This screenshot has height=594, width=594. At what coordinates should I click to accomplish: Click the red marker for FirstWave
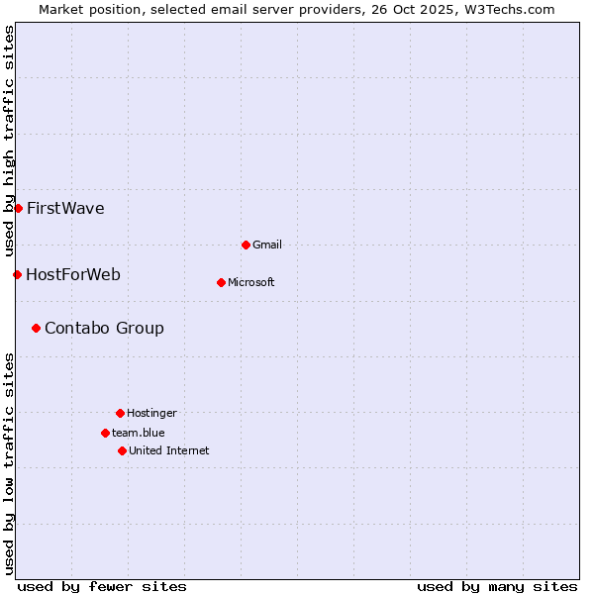pos(18,208)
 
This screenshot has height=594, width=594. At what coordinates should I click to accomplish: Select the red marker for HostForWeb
pos(17,274)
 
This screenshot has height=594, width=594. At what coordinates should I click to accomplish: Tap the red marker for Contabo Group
pos(36,328)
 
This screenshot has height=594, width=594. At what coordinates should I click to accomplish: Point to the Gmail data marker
pos(246,245)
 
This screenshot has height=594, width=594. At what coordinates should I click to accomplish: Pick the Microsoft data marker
pos(221,282)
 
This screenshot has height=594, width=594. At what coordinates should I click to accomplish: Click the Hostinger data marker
pos(120,413)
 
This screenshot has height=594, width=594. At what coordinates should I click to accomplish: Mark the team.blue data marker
pos(105,433)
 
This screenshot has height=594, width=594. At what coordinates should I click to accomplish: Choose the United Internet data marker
pos(122,450)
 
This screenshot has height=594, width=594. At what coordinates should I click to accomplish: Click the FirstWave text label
pos(65,208)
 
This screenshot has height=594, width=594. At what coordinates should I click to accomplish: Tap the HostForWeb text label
pos(73,274)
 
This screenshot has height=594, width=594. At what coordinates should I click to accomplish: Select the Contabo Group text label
pos(104,328)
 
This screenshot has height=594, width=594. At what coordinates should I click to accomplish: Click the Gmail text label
pos(267,245)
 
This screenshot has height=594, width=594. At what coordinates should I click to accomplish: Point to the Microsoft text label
pos(251,282)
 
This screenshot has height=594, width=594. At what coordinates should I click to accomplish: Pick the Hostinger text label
pos(151,413)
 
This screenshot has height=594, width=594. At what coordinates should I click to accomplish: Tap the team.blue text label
pos(139,433)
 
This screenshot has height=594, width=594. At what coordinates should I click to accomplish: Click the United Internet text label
pos(169,450)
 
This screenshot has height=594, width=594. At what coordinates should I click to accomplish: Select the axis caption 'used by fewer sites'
pos(102,586)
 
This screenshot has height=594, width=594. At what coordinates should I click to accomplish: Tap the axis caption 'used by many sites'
pos(497,586)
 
